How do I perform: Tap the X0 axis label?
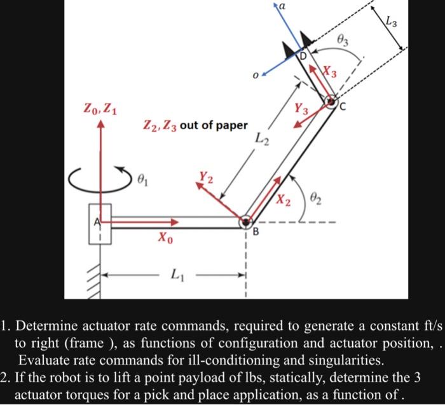coord(165,239)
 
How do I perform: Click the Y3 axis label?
coord(301,109)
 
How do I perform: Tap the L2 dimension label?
coord(263,137)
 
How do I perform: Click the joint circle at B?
coord(245,222)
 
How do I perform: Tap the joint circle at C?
coord(331,101)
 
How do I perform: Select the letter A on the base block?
coord(99,223)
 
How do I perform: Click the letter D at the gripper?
coord(303,57)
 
